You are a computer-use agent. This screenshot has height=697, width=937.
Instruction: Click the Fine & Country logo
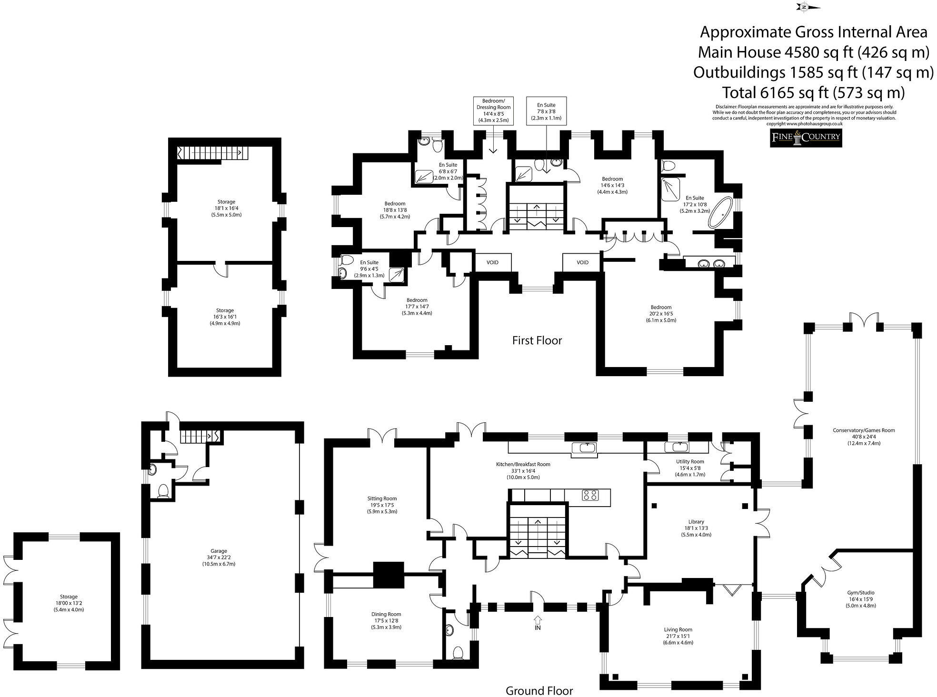coord(806,138)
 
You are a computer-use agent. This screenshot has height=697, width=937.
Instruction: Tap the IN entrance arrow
coord(538,620)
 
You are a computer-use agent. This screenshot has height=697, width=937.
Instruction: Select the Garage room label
coord(219,557)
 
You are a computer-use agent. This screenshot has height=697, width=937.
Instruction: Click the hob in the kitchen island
coord(590,495)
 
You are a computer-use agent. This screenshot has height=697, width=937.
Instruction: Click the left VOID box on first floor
coord(492,262)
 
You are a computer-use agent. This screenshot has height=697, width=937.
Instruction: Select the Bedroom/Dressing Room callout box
coord(493,110)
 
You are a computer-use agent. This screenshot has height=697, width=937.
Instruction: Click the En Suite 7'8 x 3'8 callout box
coord(546,111)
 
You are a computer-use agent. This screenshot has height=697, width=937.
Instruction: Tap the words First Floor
coord(537,340)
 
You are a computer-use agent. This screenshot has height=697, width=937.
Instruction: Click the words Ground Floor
coord(539,690)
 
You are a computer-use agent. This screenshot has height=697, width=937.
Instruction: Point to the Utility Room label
coord(690,468)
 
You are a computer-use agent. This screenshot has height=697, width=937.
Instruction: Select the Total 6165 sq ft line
coord(813,92)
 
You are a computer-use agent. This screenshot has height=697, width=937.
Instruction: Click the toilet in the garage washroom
coord(163,490)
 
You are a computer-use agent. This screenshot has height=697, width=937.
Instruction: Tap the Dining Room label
coord(386,621)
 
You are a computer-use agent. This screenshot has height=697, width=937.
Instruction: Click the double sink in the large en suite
coord(710,262)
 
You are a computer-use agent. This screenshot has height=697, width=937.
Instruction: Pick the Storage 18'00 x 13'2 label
coord(69,603)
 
